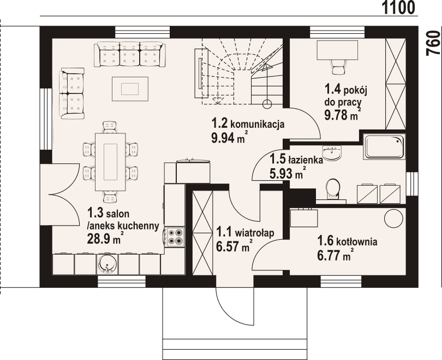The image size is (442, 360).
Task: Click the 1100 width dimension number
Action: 398,7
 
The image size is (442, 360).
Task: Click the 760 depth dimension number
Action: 433,43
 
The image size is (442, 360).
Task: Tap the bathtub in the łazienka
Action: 385,146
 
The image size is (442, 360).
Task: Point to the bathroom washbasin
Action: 332,152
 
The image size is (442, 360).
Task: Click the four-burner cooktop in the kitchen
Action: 175,237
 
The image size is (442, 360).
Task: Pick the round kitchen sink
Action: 107,264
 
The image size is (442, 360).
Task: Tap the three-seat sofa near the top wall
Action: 130,55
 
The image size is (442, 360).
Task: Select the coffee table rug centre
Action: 130,88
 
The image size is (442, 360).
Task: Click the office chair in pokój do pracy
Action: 337,67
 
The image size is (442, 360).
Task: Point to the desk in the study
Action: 337,50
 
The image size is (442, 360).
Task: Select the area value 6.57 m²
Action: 234,246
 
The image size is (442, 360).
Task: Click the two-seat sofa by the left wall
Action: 71,93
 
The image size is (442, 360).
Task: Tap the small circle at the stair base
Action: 267,104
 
